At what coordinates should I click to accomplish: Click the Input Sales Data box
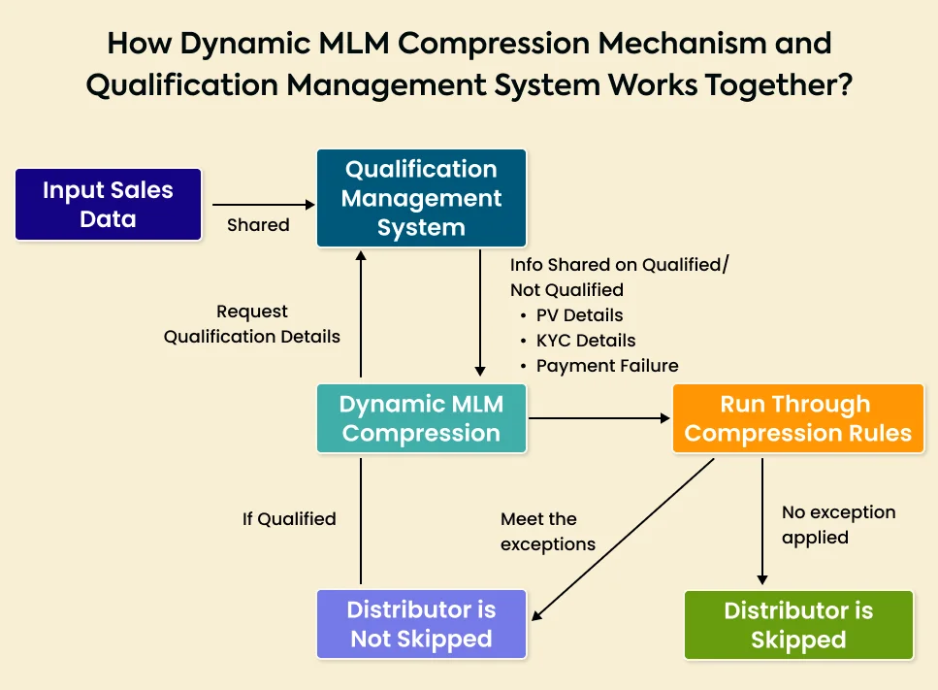[x=108, y=205]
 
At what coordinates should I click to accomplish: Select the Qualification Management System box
[x=421, y=198]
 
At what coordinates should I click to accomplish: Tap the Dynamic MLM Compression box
[x=421, y=419]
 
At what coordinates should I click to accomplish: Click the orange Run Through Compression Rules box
[x=797, y=419]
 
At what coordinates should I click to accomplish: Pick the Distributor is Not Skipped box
[x=421, y=625]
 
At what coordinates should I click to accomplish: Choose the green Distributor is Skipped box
[x=797, y=625]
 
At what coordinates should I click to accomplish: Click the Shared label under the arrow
[x=258, y=225]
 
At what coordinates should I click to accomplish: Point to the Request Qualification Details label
[x=252, y=324]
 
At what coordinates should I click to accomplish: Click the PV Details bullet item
[x=579, y=315]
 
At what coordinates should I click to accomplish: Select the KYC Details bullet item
[x=586, y=341]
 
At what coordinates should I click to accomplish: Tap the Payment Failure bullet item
[x=606, y=366]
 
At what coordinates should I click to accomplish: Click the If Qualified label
[x=289, y=519]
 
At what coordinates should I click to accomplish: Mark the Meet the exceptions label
[x=547, y=532]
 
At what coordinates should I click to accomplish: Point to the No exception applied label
[x=838, y=524]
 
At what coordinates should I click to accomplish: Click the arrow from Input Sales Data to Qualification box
[x=262, y=205]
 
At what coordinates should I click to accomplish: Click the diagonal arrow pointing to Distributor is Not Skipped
[x=621, y=540]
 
